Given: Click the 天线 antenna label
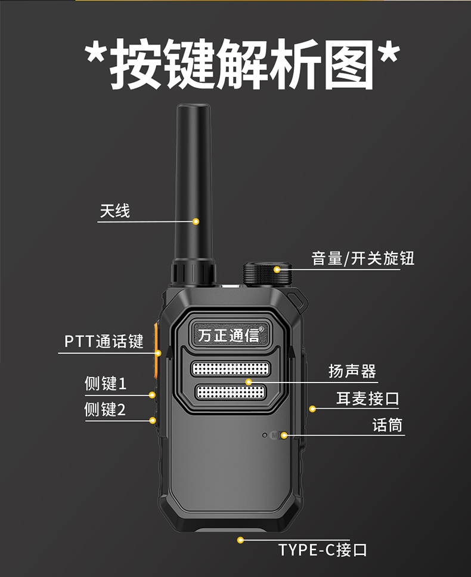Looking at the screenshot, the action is [x=114, y=211].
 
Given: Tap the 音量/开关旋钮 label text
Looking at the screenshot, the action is [x=363, y=258].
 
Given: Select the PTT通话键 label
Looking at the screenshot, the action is [x=104, y=341].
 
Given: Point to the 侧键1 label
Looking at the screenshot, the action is [x=106, y=384].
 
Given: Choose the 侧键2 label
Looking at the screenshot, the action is [x=105, y=409].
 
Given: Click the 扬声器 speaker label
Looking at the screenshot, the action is [x=352, y=371].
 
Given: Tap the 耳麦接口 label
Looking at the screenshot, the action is [x=368, y=399].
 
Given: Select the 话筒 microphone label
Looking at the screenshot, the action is [x=388, y=425].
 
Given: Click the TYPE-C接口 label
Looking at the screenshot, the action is [x=323, y=550].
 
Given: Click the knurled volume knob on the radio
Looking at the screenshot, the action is [x=267, y=274].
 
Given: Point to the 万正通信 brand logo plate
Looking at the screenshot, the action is [x=230, y=335].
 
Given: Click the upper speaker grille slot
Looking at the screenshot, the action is [x=231, y=369].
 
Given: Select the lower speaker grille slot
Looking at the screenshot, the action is [x=231, y=392].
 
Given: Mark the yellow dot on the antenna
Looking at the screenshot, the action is [x=196, y=221].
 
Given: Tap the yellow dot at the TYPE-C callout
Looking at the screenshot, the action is [x=240, y=540].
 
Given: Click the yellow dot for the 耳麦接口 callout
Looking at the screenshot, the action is [x=312, y=409].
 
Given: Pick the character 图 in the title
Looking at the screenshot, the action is [x=349, y=64].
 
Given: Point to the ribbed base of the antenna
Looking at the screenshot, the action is [x=193, y=273].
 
